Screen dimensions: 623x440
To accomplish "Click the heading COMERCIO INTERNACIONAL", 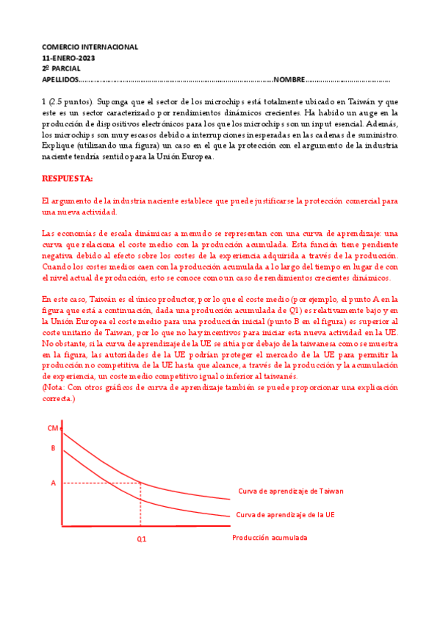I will tap(90, 47).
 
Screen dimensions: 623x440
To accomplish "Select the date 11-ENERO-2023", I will tap(68, 57).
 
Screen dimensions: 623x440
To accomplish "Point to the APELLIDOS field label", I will tap(59, 79).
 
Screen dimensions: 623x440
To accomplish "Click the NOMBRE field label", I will tap(289, 79).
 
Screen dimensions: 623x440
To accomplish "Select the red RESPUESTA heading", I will tap(68, 179).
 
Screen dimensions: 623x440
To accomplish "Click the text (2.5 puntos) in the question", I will tap(71, 101).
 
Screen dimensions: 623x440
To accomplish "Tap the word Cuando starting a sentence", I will tap(58, 267).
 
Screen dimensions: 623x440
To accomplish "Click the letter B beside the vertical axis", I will tap(53, 447).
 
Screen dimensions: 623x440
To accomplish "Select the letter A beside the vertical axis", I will tap(53, 483).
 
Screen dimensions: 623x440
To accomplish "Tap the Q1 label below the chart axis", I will tap(141, 539).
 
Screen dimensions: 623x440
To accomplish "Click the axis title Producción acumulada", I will tap(269, 537).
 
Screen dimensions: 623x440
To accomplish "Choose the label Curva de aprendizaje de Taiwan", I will tap(290, 491).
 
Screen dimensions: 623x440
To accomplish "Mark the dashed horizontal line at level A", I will tap(99, 483).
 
